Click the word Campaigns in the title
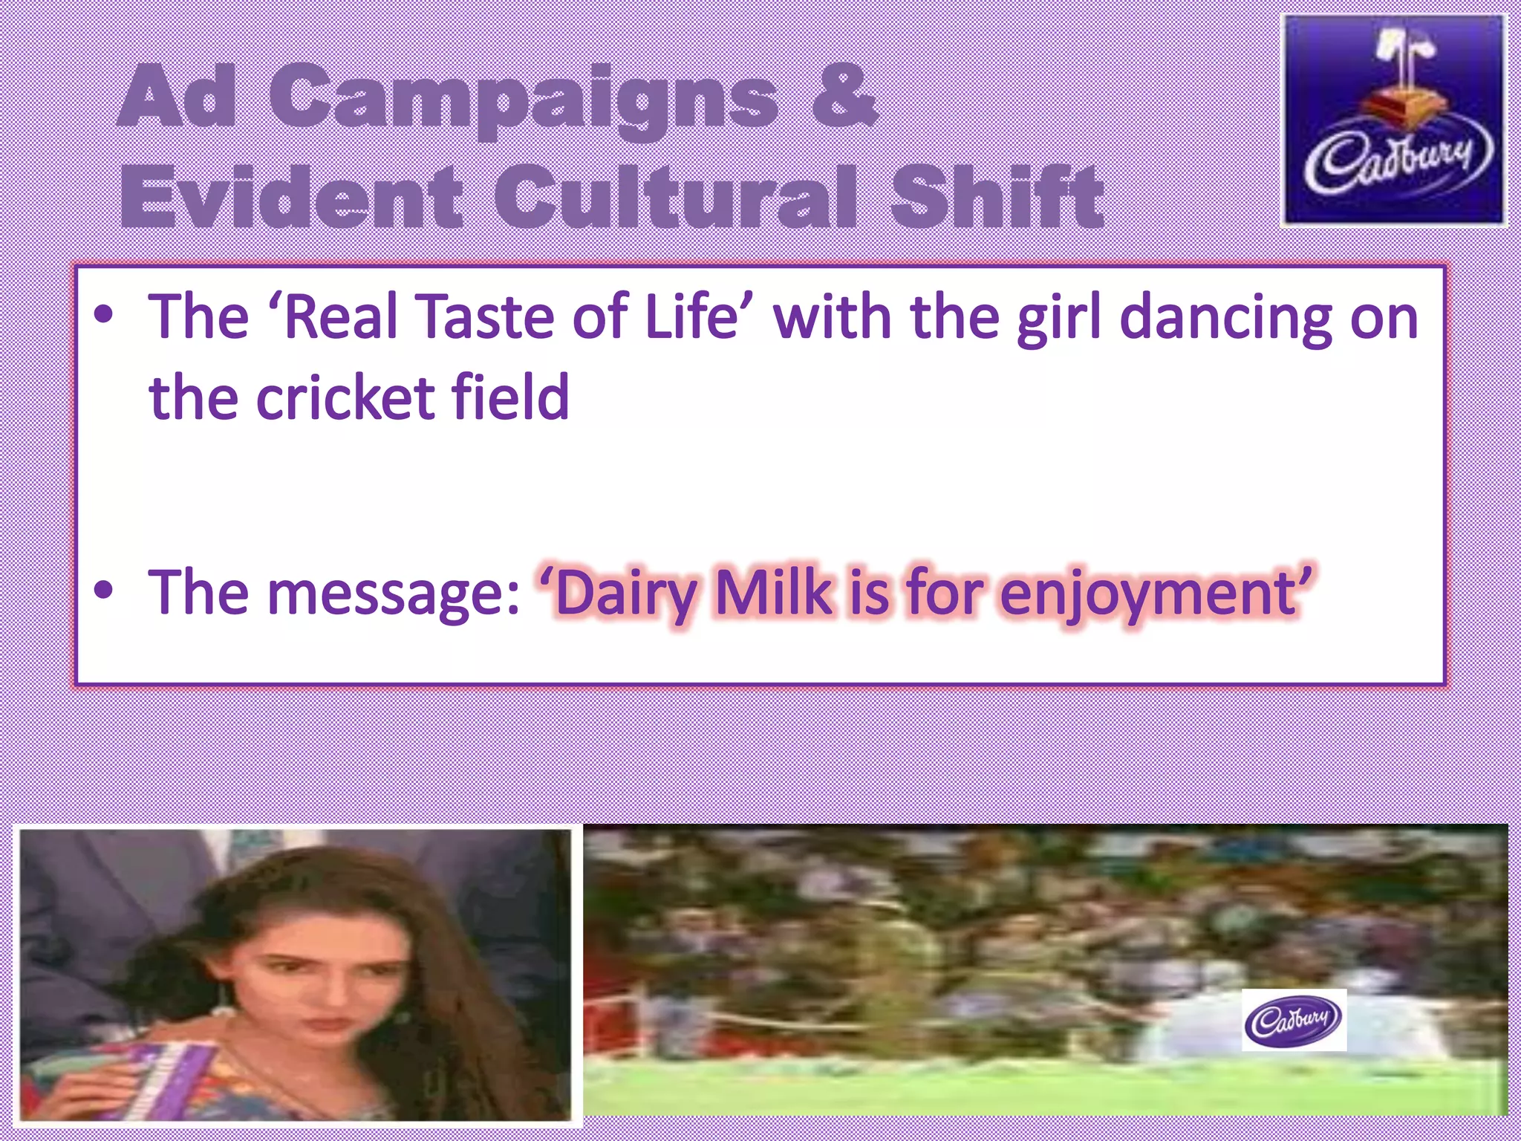[523, 100]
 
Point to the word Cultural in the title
[676, 197]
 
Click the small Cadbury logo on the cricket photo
[1293, 1019]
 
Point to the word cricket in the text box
[346, 398]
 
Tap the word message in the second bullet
[393, 594]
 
